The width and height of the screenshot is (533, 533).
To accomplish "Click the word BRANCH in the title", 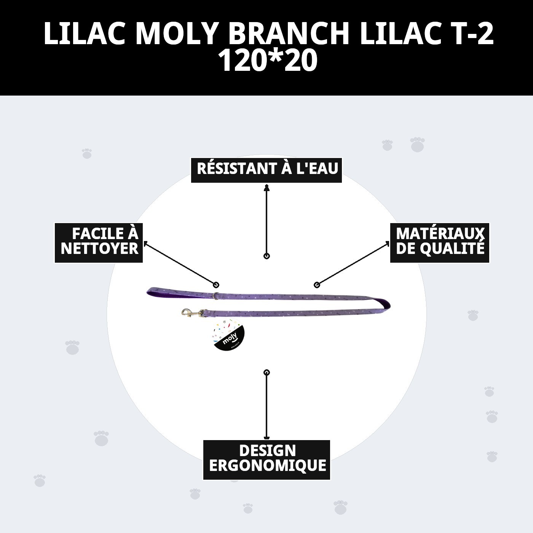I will (x=289, y=33).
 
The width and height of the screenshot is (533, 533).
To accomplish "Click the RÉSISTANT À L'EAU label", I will (x=267, y=168).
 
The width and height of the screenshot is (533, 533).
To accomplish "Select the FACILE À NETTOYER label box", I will (x=99, y=243).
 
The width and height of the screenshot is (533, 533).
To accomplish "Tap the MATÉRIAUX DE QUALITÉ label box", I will (x=440, y=243).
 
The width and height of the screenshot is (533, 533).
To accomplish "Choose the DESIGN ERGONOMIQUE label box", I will (x=267, y=460).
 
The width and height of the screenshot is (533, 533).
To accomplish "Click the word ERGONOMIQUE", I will (x=267, y=466).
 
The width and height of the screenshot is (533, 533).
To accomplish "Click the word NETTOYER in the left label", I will (x=99, y=249).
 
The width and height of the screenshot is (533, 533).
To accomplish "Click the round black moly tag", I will (x=228, y=335).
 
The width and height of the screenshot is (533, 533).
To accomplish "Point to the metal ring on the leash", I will (x=216, y=295).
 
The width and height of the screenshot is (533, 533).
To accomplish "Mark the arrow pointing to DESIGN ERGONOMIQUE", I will (x=266, y=405).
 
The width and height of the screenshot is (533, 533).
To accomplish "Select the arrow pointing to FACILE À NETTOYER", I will (x=179, y=263).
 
